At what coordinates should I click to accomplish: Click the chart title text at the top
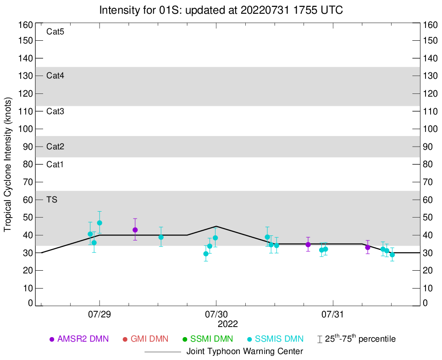click(221, 10)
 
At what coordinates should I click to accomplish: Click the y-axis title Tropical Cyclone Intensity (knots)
click(8, 164)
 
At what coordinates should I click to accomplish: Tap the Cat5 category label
click(55, 32)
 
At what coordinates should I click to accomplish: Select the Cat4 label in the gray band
click(55, 76)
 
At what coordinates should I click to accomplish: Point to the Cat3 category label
click(55, 111)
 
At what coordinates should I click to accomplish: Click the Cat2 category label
click(55, 147)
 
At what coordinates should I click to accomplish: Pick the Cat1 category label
click(55, 164)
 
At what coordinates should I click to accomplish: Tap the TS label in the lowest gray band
click(51, 200)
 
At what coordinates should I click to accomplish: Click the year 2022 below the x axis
click(228, 324)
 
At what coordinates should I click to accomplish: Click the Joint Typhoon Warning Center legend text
click(245, 352)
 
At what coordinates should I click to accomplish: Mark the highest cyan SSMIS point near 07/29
click(99, 223)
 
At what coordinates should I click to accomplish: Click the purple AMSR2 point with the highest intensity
click(135, 230)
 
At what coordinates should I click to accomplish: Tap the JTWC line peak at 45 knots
click(216, 226)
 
